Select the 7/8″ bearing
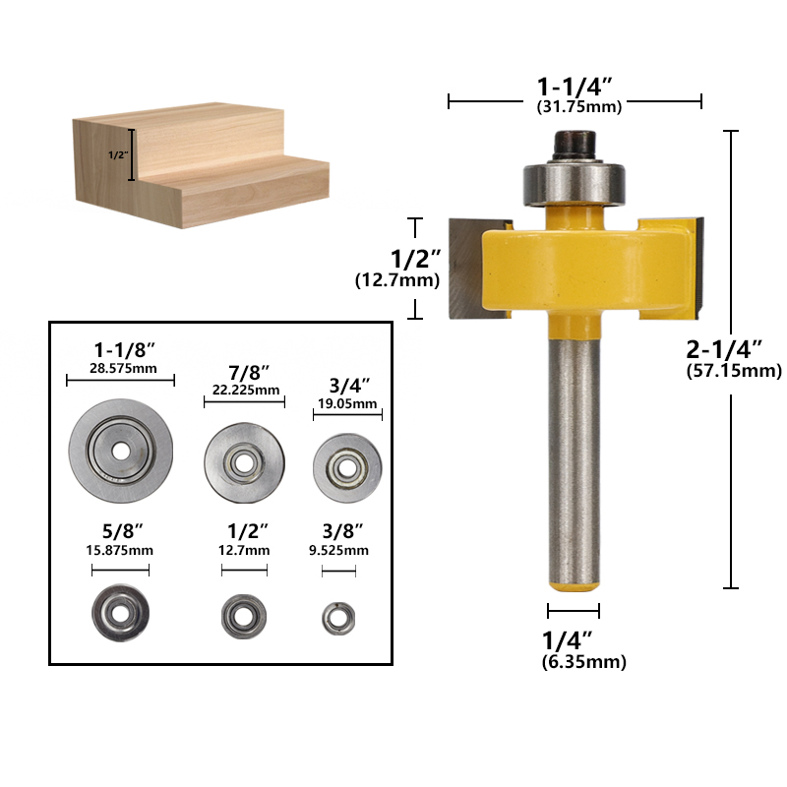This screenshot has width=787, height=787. click(x=243, y=455)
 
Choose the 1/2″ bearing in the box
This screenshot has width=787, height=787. click(x=243, y=615)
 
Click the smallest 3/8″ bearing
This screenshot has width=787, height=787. click(x=336, y=617)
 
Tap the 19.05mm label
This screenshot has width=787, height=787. click(x=346, y=403)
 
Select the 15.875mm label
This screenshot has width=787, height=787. click(x=120, y=550)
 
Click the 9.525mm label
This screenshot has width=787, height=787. click(x=336, y=550)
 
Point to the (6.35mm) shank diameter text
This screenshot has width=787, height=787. click(x=583, y=662)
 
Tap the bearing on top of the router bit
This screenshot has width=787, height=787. click(x=575, y=181)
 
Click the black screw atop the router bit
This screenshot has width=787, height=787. click(x=575, y=146)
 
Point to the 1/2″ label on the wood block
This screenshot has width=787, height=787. click(x=116, y=155)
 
